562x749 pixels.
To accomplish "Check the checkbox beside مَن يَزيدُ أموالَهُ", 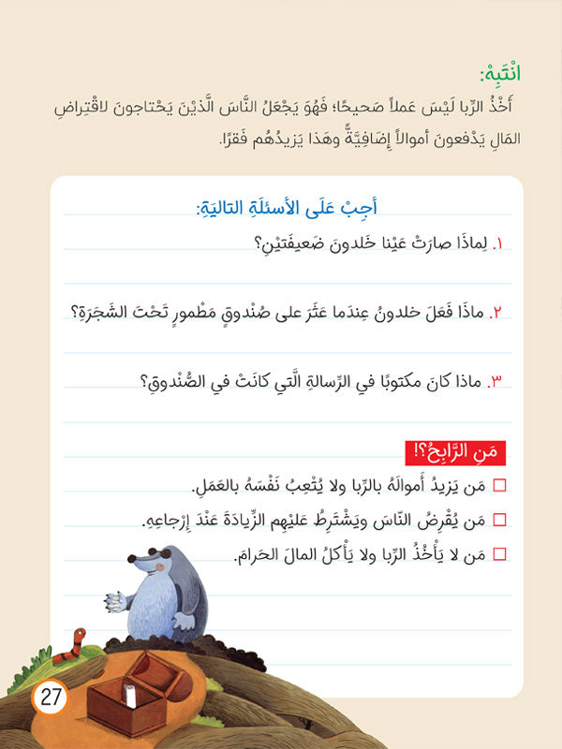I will [x=498, y=485].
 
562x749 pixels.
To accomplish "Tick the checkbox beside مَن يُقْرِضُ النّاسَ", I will [x=498, y=520].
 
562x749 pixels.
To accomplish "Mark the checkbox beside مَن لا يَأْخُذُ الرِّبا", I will [x=498, y=554].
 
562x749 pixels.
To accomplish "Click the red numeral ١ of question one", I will [x=499, y=245].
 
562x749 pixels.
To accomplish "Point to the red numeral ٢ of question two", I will [x=498, y=312].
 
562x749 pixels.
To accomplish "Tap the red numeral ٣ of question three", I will [x=497, y=380].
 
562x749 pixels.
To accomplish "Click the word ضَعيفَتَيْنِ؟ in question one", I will [x=291, y=244].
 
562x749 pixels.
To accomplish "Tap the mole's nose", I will [x=132, y=565].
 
